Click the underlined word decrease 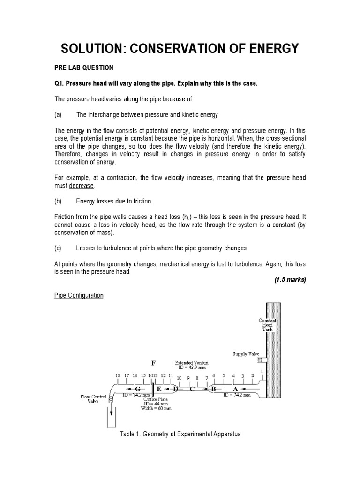pos(82,186)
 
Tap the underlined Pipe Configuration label pos(79,296)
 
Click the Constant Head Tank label pos(268,325)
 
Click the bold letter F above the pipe pos(153,363)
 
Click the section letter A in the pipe pos(235,389)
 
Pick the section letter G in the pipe pos(137,390)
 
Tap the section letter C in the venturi pos(191,389)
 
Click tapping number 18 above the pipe pos(118,376)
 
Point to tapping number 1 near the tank pos(262,372)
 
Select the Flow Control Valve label pos(92,399)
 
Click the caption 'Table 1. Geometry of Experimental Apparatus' pos(180,434)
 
